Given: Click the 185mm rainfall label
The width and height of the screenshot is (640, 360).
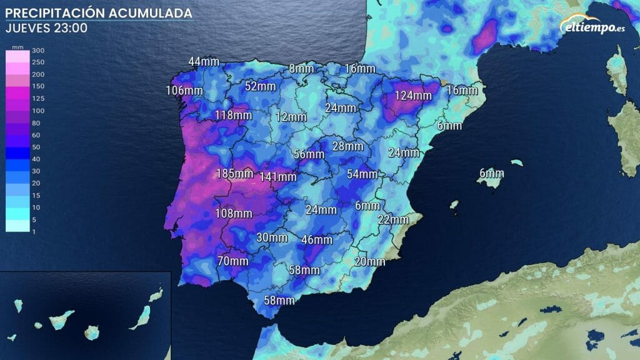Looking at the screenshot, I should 234,173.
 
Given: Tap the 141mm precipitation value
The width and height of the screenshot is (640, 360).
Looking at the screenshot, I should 278,177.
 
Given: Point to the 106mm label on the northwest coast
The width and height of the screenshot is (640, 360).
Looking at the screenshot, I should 184,91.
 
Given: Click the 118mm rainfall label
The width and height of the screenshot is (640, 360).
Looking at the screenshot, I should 232,115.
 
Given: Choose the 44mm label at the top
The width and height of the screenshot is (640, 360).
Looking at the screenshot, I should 204,61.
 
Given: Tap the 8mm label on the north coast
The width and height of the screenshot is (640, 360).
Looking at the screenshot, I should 301,68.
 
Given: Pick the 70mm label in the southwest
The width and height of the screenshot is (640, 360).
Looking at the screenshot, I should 233,261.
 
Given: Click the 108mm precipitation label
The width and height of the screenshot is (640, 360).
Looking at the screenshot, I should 233,213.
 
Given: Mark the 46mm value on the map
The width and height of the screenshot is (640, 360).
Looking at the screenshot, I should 317,239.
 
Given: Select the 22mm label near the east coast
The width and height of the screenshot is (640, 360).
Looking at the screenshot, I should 393,219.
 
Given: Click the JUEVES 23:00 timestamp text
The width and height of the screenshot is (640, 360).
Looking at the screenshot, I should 46,28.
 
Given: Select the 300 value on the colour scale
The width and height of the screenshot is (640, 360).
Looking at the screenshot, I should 37,51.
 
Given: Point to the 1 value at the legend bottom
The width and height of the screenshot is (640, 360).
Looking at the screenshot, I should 33,231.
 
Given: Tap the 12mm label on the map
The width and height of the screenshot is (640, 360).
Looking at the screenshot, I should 291,117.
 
